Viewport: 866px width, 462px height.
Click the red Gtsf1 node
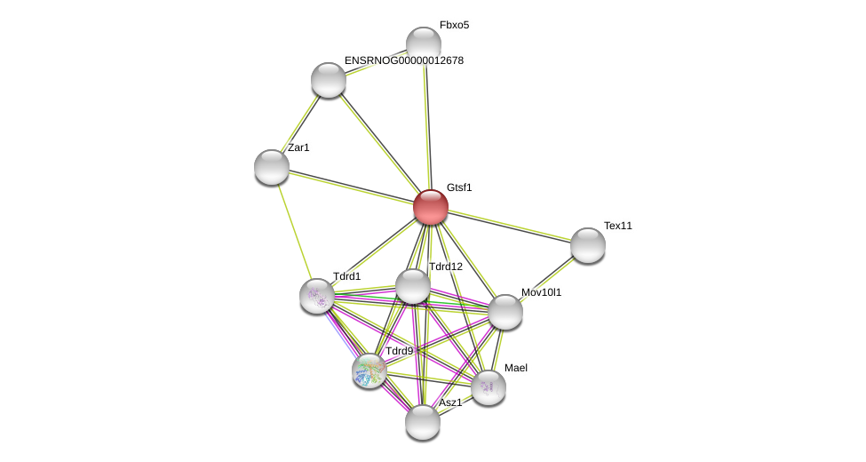(431, 207)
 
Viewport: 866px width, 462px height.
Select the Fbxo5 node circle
(424, 44)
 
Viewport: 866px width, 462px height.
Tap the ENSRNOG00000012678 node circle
(329, 80)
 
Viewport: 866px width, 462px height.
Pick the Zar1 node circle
(272, 167)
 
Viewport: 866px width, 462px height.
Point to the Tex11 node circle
(588, 245)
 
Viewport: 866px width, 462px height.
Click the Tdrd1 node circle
(317, 296)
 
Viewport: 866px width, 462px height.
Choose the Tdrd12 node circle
(413, 286)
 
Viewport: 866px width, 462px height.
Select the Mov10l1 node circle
(505, 312)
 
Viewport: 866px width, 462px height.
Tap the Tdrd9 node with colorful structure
(369, 370)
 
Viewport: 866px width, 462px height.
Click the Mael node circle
(489, 387)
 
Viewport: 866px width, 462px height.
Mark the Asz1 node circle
(423, 422)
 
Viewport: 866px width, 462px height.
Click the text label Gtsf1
(459, 187)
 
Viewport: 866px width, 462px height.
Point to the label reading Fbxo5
(454, 25)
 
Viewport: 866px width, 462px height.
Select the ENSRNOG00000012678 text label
(404, 60)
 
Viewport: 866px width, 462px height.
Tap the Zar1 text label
(298, 147)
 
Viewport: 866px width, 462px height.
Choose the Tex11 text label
(618, 226)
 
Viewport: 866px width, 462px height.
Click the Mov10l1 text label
(541, 292)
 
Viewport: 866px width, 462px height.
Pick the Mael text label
(516, 368)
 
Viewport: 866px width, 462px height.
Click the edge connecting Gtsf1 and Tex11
(510, 227)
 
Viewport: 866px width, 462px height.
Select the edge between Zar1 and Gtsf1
(352, 187)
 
